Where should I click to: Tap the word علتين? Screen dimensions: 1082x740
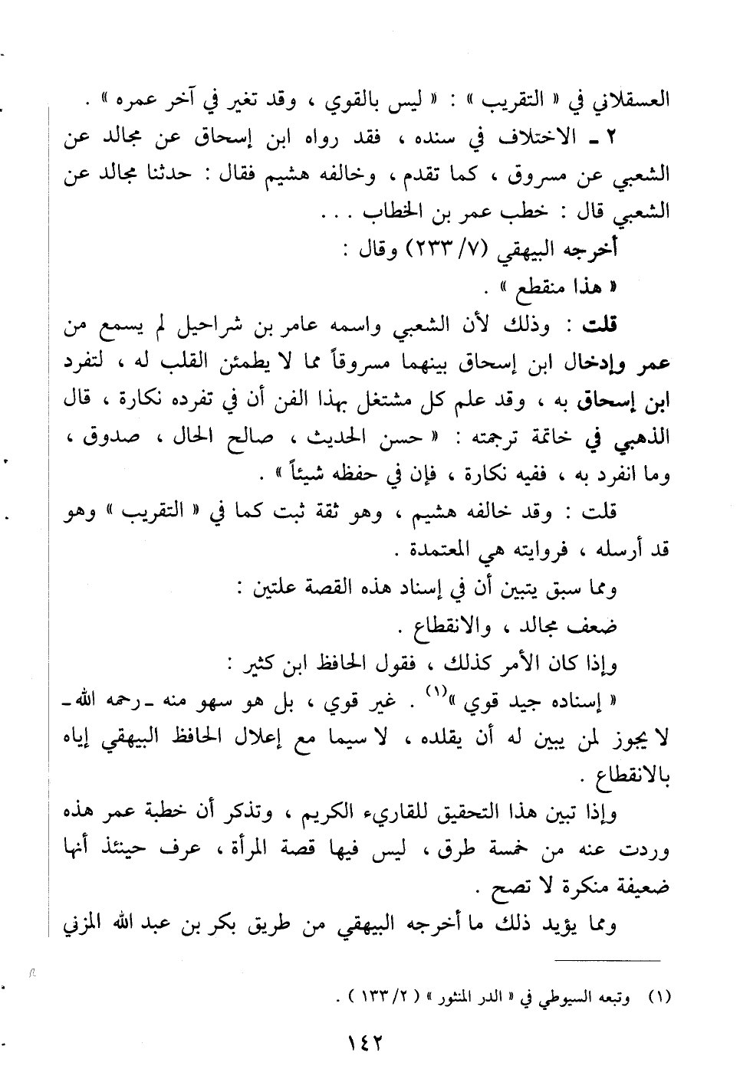(x=271, y=589)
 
